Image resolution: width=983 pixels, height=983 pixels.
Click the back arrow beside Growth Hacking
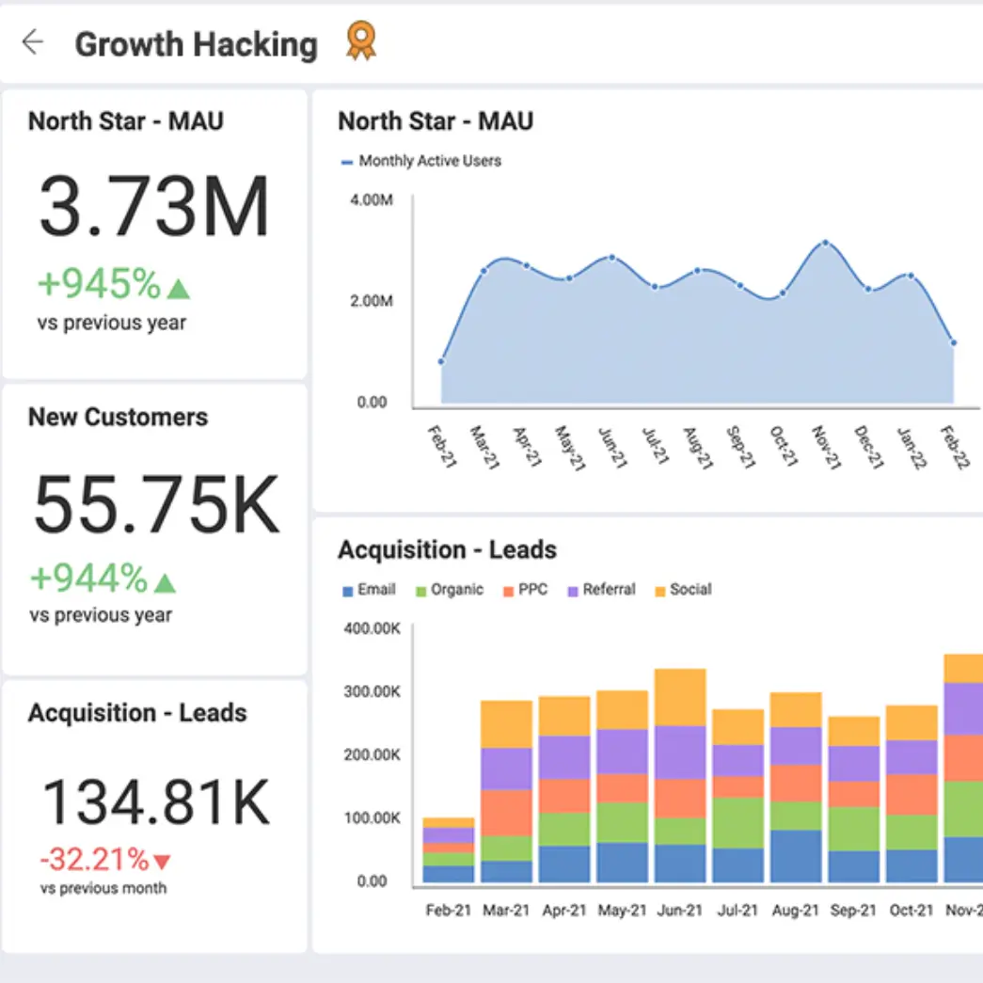(33, 42)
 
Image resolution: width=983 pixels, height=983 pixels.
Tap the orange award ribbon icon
(360, 41)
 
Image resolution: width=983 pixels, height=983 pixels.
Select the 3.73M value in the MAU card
(154, 207)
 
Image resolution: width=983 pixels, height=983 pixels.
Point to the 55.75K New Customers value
(156, 504)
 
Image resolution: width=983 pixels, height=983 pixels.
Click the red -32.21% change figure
(94, 859)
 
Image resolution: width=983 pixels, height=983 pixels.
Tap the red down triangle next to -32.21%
(163, 861)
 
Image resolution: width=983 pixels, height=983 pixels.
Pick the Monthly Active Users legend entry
(420, 161)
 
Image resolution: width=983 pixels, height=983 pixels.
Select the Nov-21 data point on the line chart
(826, 243)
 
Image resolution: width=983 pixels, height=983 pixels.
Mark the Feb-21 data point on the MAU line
(441, 361)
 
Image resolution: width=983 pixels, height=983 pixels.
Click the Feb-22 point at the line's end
(954, 343)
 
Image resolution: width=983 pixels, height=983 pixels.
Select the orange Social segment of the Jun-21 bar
(680, 697)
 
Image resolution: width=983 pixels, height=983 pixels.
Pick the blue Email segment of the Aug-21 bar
(796, 856)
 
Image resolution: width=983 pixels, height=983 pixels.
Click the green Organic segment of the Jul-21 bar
(737, 823)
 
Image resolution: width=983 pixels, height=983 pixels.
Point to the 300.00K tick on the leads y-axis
(373, 691)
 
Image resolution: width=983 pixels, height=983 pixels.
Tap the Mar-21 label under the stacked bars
(506, 910)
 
